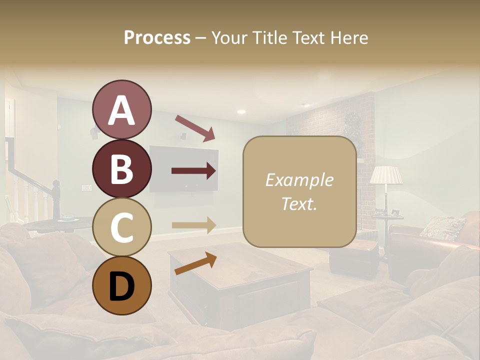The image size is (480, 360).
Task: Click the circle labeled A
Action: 121,109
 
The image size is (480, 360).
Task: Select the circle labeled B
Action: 121,168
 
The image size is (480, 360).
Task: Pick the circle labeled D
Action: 121,285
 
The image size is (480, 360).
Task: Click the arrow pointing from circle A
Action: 195,127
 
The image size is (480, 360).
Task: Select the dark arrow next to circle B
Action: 194,171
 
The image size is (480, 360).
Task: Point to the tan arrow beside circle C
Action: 194,225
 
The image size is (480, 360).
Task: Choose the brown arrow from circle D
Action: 195,263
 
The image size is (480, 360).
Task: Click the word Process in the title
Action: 157,37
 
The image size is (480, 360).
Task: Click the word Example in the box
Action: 299,180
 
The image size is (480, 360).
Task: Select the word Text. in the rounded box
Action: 299,203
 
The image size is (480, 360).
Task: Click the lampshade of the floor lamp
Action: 386,175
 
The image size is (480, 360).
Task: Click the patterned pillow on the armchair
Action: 442,227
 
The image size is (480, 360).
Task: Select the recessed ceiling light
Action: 241,111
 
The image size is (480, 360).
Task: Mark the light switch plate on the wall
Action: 86,188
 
